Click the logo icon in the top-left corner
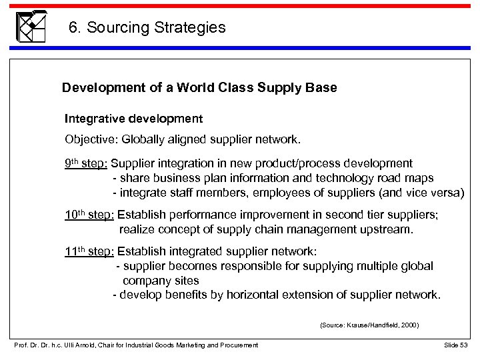pos(31,27)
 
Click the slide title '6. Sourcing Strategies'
pos(147,28)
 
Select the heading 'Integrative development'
pos(133,119)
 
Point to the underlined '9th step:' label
pos(86,163)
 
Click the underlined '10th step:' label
pos(89,215)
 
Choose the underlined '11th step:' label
pos(89,251)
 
